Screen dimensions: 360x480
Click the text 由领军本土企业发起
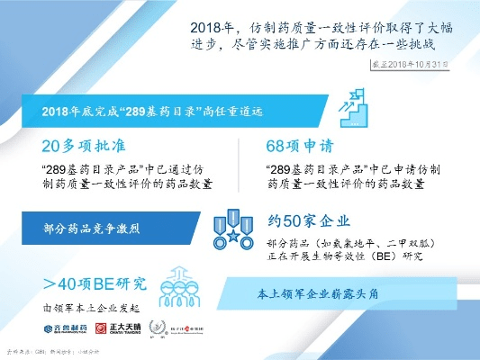[x=82, y=307]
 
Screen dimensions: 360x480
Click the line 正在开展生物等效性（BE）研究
[x=345, y=257]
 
